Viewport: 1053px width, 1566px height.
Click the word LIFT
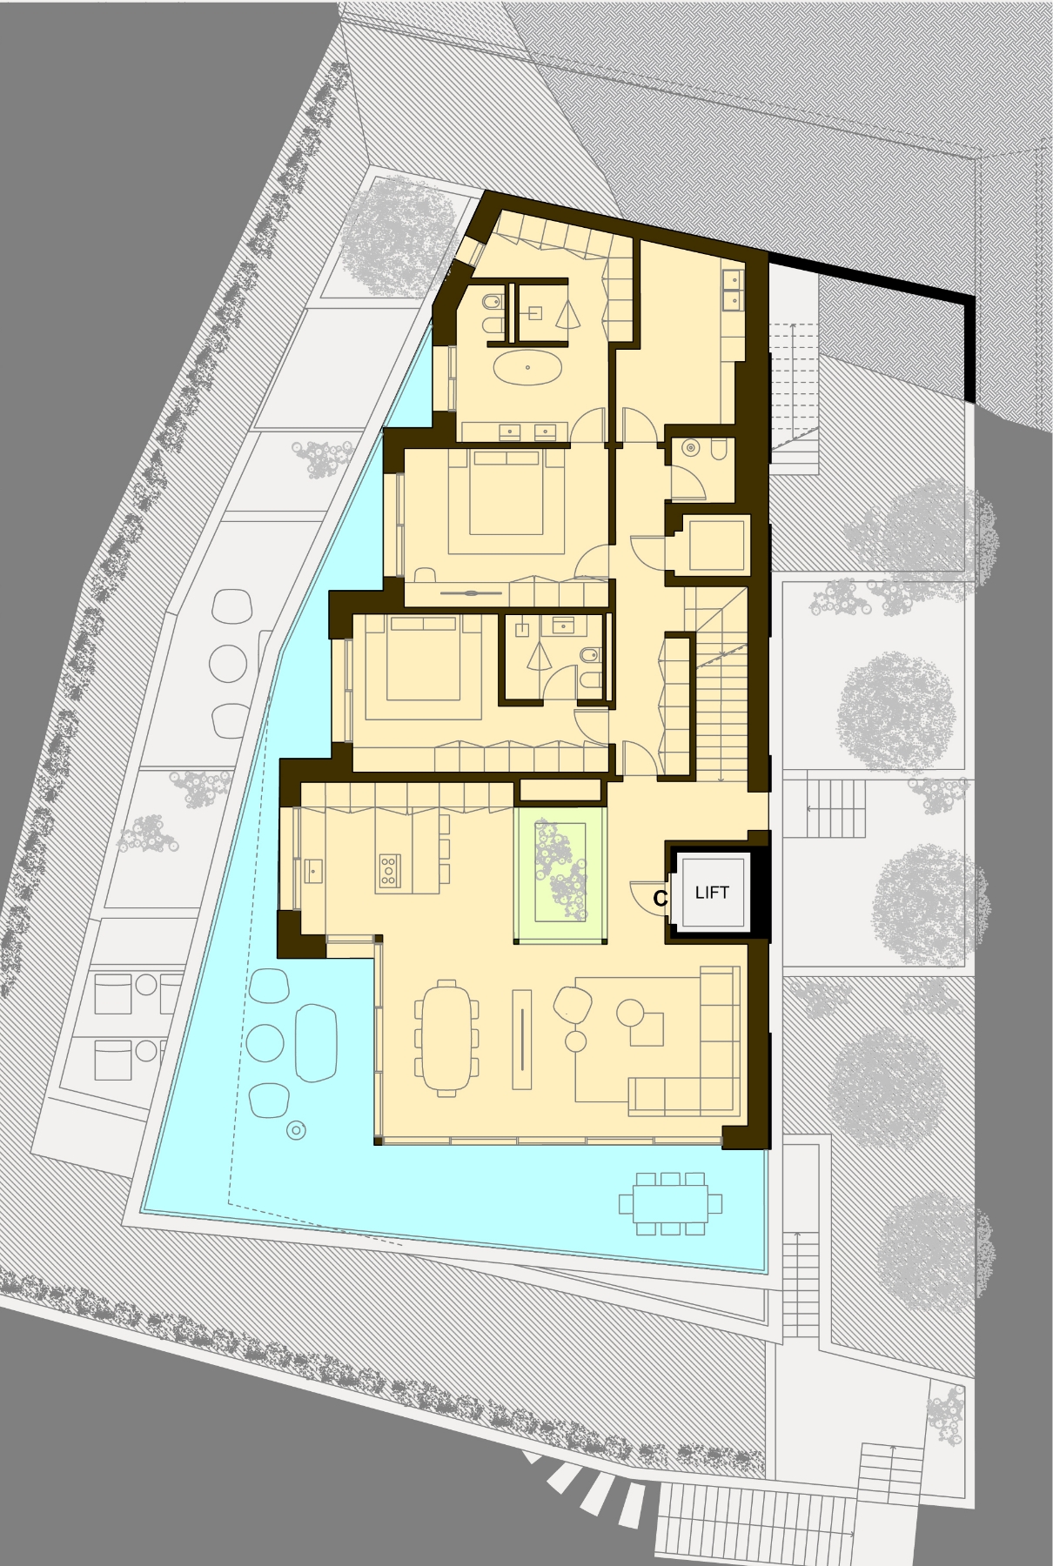point(712,892)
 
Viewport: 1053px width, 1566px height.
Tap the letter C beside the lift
point(661,899)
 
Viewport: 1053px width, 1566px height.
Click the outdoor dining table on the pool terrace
point(670,1203)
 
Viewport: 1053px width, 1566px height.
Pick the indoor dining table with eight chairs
point(446,1036)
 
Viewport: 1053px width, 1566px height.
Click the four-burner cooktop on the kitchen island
point(389,870)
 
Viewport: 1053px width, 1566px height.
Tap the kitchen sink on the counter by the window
point(312,870)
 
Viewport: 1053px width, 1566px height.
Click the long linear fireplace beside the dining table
point(523,1039)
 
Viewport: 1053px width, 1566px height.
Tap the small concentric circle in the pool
point(296,1131)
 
